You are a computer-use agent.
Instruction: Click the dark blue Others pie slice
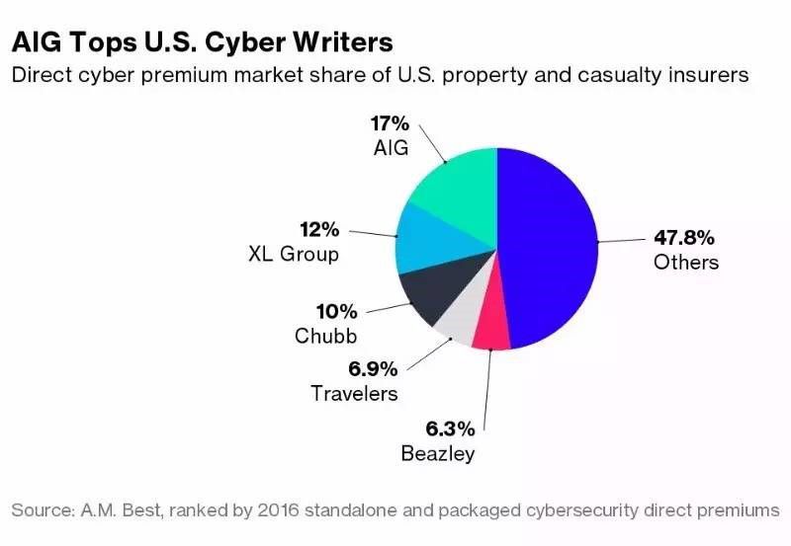tap(549, 247)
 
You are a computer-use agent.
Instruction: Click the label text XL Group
tap(293, 254)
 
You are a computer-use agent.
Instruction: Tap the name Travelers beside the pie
tap(354, 393)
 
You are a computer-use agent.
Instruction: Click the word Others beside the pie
tap(686, 263)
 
